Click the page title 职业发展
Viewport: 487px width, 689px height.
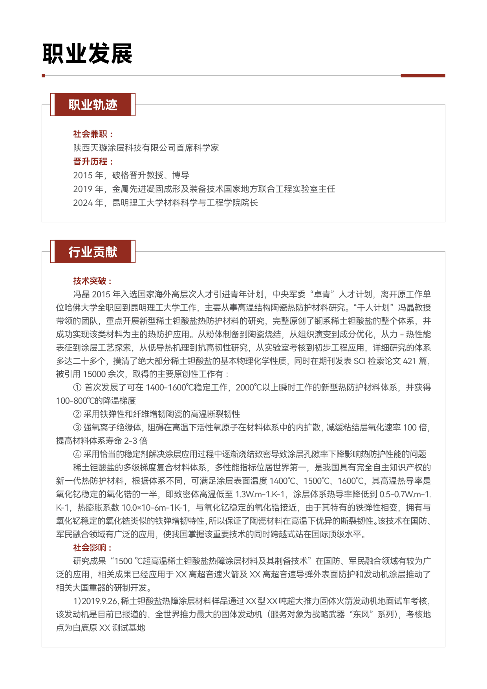[x=87, y=54]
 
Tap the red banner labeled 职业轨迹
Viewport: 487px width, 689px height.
[x=93, y=105]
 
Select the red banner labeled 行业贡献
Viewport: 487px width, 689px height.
[x=93, y=252]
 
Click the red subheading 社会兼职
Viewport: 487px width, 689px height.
[x=91, y=134]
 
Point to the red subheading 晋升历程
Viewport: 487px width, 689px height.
[x=91, y=161]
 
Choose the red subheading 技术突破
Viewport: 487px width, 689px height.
[x=90, y=281]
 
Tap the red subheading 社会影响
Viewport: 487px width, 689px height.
[x=90, y=548]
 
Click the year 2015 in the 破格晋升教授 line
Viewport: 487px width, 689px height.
[x=83, y=175]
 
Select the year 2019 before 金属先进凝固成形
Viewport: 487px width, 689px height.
[x=83, y=189]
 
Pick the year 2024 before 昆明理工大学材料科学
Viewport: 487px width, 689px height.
[x=83, y=203]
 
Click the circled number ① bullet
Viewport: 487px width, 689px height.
[x=77, y=388]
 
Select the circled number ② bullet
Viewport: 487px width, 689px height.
[x=77, y=414]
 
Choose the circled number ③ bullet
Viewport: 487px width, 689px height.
[x=77, y=428]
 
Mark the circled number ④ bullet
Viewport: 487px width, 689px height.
[x=77, y=454]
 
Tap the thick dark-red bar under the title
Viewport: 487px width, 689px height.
[x=423, y=75]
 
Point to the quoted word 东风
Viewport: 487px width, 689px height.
[x=361, y=615]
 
